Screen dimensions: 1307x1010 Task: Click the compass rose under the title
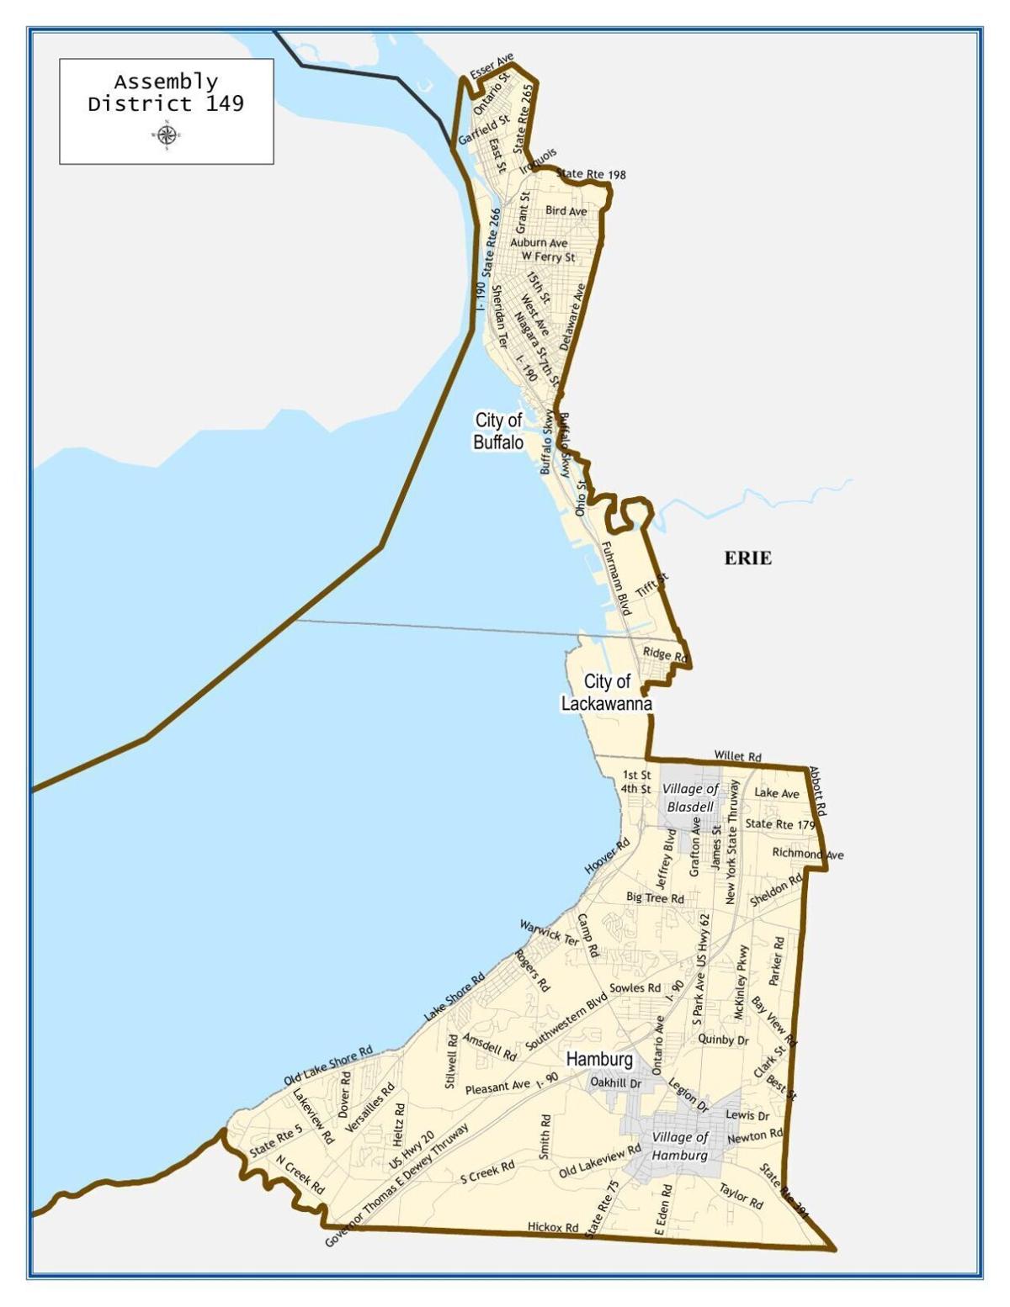click(x=166, y=134)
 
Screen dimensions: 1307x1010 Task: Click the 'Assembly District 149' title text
click(x=166, y=93)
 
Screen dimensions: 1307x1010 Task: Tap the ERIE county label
click(x=747, y=558)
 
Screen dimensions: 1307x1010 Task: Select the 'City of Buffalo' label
click(x=498, y=431)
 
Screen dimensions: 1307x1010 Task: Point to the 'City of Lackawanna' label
click(x=606, y=692)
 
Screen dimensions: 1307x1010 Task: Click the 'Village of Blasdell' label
click(x=690, y=797)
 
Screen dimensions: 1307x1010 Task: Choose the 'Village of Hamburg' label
click(x=680, y=1146)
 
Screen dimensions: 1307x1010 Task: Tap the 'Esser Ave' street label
click(x=492, y=67)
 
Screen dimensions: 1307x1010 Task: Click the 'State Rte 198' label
click(x=591, y=174)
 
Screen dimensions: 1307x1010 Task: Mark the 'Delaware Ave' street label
click(x=572, y=316)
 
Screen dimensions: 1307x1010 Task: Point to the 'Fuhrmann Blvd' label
click(x=615, y=579)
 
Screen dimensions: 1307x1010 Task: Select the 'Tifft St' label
click(x=652, y=585)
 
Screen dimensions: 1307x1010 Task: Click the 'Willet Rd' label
click(x=737, y=756)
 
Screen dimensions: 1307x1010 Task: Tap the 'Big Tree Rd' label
click(x=655, y=898)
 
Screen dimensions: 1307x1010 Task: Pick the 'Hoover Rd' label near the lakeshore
click(x=607, y=856)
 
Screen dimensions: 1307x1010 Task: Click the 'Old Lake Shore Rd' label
click(x=327, y=1066)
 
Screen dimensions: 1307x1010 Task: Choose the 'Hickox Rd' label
click(x=553, y=1227)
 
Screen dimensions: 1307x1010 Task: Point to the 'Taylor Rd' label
click(x=741, y=1196)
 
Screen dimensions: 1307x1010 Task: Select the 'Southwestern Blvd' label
click(x=566, y=1020)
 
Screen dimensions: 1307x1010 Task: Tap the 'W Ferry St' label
click(x=548, y=257)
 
